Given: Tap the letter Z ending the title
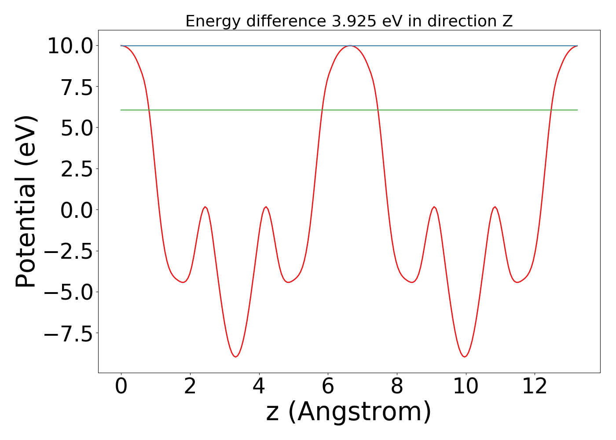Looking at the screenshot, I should click(x=508, y=21).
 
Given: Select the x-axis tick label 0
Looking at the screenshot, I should click(x=121, y=387).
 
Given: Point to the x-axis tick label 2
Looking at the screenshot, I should click(x=190, y=387).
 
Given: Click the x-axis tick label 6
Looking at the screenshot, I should click(x=328, y=387).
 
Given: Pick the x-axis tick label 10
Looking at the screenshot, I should click(x=466, y=387).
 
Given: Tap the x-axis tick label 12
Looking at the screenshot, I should click(x=535, y=387).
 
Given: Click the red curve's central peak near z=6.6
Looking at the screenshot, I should click(x=349, y=46).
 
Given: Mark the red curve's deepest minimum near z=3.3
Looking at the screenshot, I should click(x=235, y=356).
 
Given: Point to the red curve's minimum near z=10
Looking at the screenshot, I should click(x=464, y=356).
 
